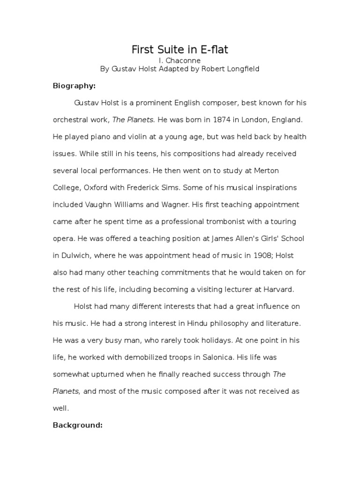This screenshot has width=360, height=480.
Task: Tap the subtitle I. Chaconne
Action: click(x=180, y=60)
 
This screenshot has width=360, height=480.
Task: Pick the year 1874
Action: click(x=222, y=120)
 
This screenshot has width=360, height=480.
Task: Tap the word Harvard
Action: click(x=279, y=289)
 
